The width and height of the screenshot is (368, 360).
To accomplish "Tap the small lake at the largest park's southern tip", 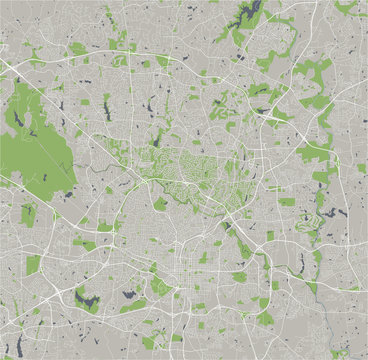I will (x=60, y=194).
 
